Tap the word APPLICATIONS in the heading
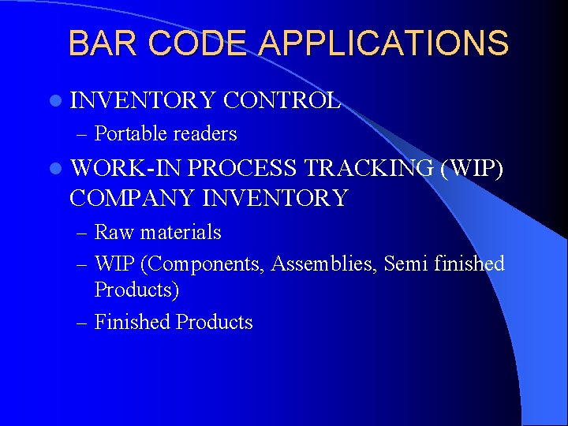384,43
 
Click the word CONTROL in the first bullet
282,100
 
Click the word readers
205,134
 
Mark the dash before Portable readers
84,134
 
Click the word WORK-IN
125,168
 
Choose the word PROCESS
243,168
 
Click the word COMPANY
133,197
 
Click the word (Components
202,263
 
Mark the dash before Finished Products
84,322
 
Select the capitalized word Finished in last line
132,322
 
